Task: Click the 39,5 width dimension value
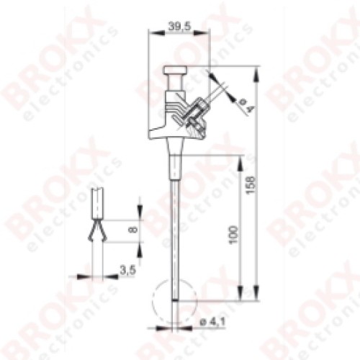point(179,26)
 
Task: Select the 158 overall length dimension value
point(251,185)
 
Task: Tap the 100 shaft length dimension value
point(233,235)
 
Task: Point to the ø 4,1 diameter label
point(212,323)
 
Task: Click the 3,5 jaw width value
point(128,271)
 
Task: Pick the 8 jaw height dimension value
point(133,230)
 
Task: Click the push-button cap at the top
point(175,71)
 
